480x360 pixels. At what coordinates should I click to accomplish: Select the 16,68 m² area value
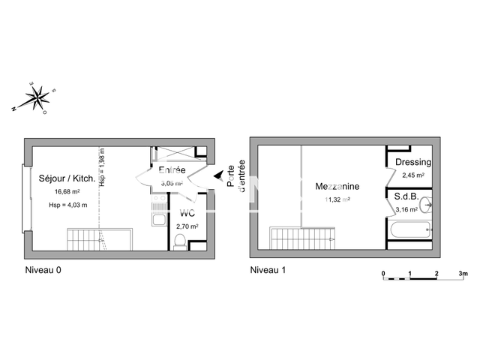click(66, 192)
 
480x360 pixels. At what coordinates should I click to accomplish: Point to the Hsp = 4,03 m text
click(67, 205)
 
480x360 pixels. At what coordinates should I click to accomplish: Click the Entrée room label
click(172, 170)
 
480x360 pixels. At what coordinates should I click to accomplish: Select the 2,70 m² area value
click(186, 225)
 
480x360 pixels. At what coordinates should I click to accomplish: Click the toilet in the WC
click(178, 241)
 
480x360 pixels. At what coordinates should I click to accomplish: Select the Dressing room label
click(412, 162)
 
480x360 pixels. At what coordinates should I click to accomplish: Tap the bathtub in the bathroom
click(411, 231)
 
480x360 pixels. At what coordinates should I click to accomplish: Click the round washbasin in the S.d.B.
click(427, 203)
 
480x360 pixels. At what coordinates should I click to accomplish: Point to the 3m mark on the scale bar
click(463, 273)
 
